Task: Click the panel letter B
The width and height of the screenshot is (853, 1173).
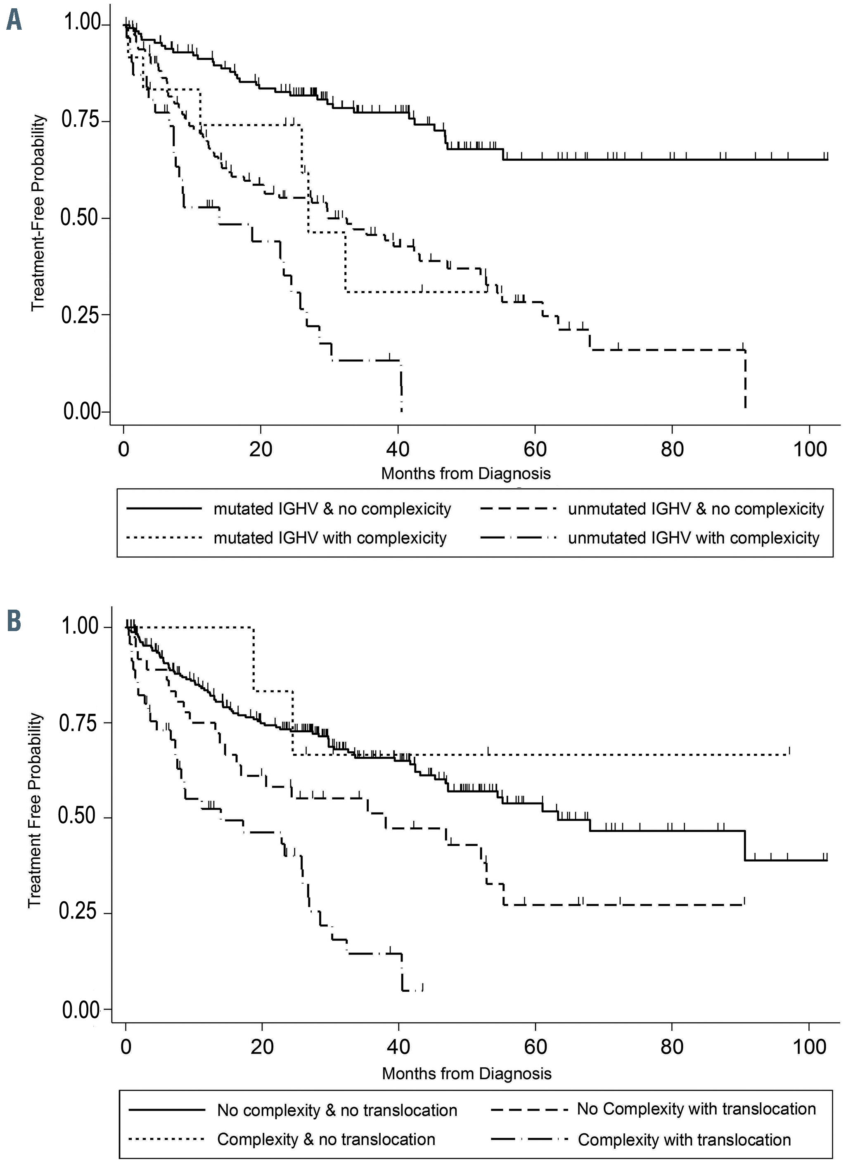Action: coord(14,622)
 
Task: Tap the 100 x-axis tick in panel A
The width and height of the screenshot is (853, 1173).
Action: coord(810,449)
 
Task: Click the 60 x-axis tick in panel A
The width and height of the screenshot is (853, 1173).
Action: coord(535,449)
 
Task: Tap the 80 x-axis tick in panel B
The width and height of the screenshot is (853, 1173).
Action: coord(672,1047)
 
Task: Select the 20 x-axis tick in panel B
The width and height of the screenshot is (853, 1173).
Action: coord(262,1047)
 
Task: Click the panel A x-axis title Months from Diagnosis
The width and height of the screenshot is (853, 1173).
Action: coord(466,473)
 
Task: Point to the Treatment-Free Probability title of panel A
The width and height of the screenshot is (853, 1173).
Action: coord(38,213)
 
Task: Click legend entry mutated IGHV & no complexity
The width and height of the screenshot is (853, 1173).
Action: coord(332,509)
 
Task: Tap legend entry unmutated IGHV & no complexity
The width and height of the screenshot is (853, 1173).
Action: coord(695,509)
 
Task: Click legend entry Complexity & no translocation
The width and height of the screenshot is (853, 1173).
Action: coord(326,1140)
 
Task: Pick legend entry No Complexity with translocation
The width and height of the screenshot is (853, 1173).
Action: coord(696,1109)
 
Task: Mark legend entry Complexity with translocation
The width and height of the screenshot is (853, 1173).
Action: coord(684,1140)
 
